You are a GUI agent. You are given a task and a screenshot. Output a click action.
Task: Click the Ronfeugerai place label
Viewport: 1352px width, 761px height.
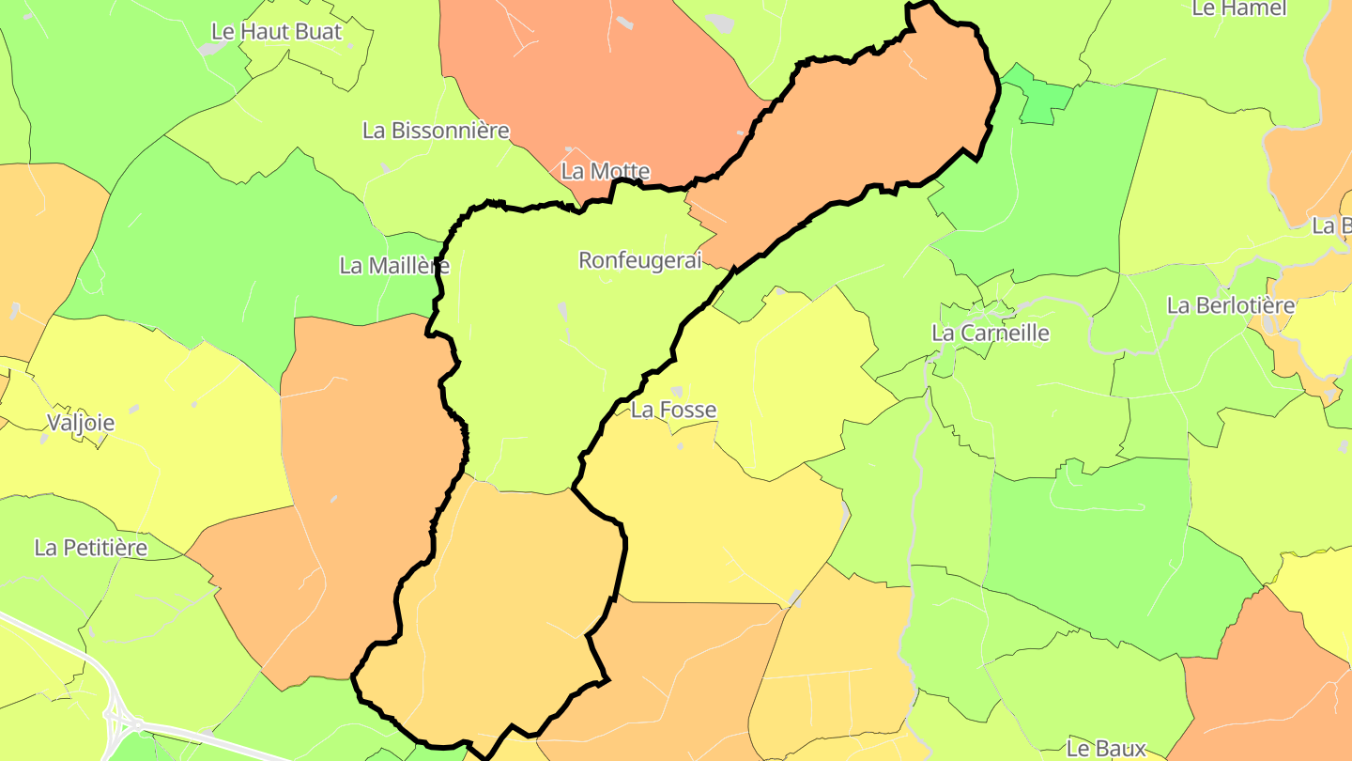(639, 260)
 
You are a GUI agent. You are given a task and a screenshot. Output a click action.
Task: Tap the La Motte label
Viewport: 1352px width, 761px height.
(605, 171)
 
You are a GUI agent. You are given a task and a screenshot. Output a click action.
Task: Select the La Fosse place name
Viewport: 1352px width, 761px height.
(673, 410)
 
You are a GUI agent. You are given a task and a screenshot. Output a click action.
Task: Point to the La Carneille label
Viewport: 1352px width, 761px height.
(990, 333)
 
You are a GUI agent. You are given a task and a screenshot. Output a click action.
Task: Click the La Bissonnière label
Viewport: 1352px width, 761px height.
(436, 131)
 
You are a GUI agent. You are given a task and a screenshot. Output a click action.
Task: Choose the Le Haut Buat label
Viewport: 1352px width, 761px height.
(277, 31)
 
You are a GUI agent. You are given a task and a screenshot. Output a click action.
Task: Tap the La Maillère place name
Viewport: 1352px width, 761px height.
(394, 266)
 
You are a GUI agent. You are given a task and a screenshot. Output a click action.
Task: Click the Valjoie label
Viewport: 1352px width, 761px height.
(82, 423)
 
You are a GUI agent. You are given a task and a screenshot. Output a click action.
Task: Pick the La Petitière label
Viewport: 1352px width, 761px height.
(91, 548)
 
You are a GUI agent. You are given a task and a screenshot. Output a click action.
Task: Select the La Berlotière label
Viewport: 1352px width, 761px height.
(1230, 305)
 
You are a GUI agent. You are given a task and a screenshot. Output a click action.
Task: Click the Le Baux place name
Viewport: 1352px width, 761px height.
(1106, 749)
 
